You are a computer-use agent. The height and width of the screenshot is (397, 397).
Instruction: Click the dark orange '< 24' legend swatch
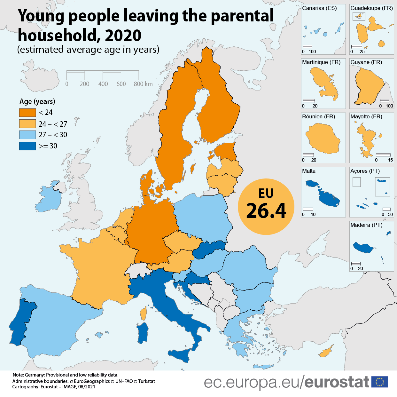pyautogui.click(x=27, y=113)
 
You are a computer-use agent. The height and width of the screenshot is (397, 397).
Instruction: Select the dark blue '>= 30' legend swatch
pyautogui.click(x=27, y=146)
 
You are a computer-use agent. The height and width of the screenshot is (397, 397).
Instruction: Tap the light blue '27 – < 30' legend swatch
pyautogui.click(x=27, y=135)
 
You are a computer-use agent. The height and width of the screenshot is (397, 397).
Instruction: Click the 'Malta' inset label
pyautogui.click(x=309, y=171)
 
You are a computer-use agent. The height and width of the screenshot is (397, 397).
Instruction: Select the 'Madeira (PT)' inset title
pyautogui.click(x=366, y=225)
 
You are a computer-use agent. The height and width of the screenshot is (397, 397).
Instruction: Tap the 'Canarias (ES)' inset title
pyautogui.click(x=319, y=8)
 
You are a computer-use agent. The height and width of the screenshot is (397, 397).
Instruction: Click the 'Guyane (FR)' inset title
pyautogui.click(x=366, y=62)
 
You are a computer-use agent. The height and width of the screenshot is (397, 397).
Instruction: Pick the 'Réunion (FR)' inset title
pyautogui.click(x=318, y=117)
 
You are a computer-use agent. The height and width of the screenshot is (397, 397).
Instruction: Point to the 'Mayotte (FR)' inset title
pyautogui.click(x=366, y=117)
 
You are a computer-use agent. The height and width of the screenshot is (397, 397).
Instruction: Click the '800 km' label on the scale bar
pyautogui.click(x=143, y=84)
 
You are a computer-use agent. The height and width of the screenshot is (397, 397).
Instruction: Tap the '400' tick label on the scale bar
pyautogui.click(x=103, y=84)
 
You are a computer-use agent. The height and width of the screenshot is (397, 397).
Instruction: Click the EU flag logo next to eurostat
pyautogui.click(x=380, y=382)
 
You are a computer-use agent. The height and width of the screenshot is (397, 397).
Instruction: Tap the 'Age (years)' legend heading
pyautogui.click(x=37, y=102)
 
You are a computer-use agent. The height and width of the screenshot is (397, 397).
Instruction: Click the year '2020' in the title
pyautogui.click(x=123, y=36)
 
